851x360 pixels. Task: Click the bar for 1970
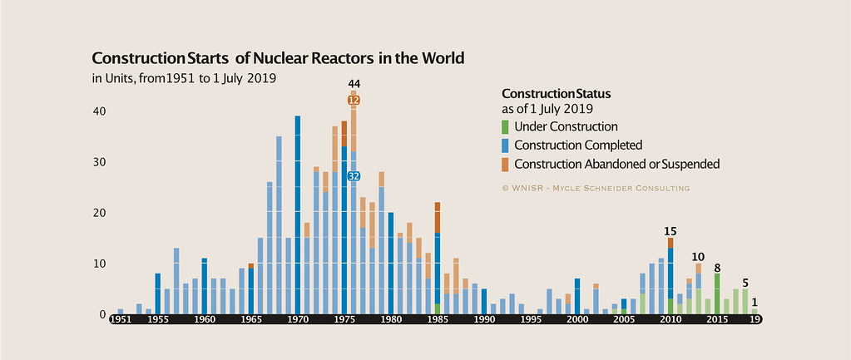(298, 215)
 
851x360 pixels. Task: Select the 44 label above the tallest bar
(354, 84)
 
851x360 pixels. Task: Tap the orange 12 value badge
(354, 100)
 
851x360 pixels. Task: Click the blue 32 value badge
(354, 175)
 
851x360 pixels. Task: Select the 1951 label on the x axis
(120, 319)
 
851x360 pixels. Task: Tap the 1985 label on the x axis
(437, 319)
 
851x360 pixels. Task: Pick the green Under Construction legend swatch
(506, 127)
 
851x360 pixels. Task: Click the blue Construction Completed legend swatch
(506, 145)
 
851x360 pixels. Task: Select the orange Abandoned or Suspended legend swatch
(506, 164)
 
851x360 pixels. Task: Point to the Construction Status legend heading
(557, 93)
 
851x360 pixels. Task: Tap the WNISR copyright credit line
(596, 188)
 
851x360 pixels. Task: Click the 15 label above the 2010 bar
(670, 231)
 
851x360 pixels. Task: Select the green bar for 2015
(717, 293)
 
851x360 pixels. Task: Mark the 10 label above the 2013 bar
(698, 256)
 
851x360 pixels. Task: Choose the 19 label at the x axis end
(755, 319)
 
